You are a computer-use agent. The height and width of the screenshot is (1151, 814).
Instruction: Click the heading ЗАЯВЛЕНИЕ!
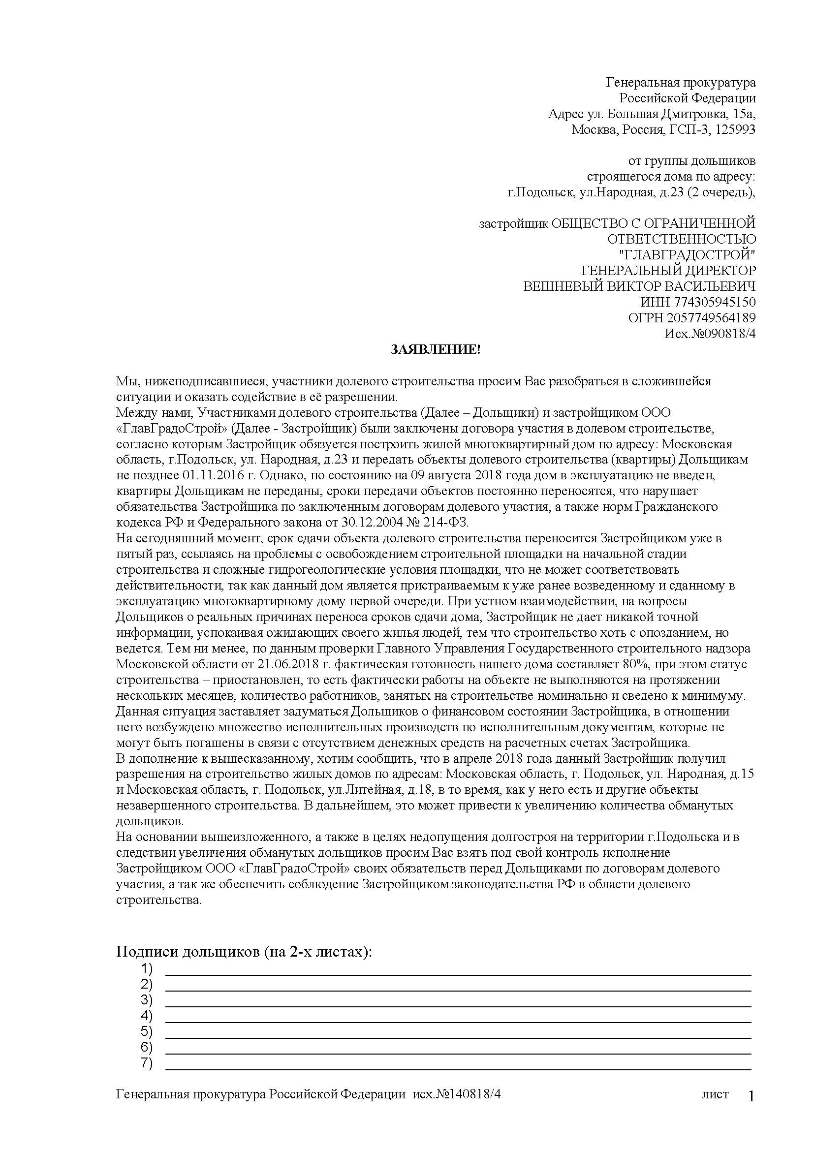click(435, 350)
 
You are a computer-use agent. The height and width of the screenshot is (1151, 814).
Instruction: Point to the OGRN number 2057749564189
click(711, 318)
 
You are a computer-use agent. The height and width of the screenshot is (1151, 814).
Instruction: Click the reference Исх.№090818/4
click(710, 334)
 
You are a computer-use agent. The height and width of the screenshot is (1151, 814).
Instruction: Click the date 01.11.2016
click(188, 475)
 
